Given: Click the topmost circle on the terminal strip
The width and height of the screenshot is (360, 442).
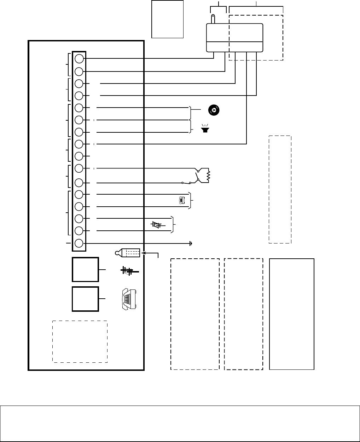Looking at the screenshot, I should point(79,58).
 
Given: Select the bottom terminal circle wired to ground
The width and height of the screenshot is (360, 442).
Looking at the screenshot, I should point(79,243).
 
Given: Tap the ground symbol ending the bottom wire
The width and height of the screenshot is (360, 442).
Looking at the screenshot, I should point(191,243).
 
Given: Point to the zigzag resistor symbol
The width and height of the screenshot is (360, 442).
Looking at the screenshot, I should point(208,175).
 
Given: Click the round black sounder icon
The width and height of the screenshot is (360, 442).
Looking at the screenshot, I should point(214,110).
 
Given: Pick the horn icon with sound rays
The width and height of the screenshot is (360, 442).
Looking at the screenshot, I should point(204,128).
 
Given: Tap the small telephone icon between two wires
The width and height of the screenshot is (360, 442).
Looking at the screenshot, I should point(182,200).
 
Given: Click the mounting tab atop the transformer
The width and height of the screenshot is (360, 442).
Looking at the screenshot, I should point(213,18).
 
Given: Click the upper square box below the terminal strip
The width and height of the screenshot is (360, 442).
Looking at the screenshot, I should point(85,270).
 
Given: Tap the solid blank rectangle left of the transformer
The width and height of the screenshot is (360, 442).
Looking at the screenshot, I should point(167,19).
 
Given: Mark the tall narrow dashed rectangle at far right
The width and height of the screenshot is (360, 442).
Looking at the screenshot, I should point(280,189).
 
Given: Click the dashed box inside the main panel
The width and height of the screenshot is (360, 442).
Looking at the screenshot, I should point(80,341).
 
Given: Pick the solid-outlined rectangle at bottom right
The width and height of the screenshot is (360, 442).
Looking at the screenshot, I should point(292,314).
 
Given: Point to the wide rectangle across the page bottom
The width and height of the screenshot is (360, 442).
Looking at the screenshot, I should point(180,423).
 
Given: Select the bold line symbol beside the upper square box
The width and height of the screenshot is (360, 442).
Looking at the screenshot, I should point(129,271).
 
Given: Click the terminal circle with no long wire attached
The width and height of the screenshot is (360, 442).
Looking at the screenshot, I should point(79,156).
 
